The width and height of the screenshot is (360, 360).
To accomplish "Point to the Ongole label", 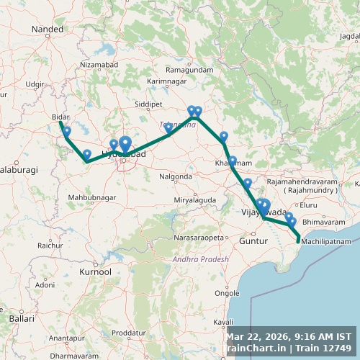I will [x=248, y=293].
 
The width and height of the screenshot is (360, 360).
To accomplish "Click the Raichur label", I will [x=50, y=246].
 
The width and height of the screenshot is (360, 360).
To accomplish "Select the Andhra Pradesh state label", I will [x=200, y=258].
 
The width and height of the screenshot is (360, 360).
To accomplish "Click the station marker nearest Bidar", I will [x=67, y=132].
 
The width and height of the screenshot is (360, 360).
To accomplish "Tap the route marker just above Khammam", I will [x=224, y=136].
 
